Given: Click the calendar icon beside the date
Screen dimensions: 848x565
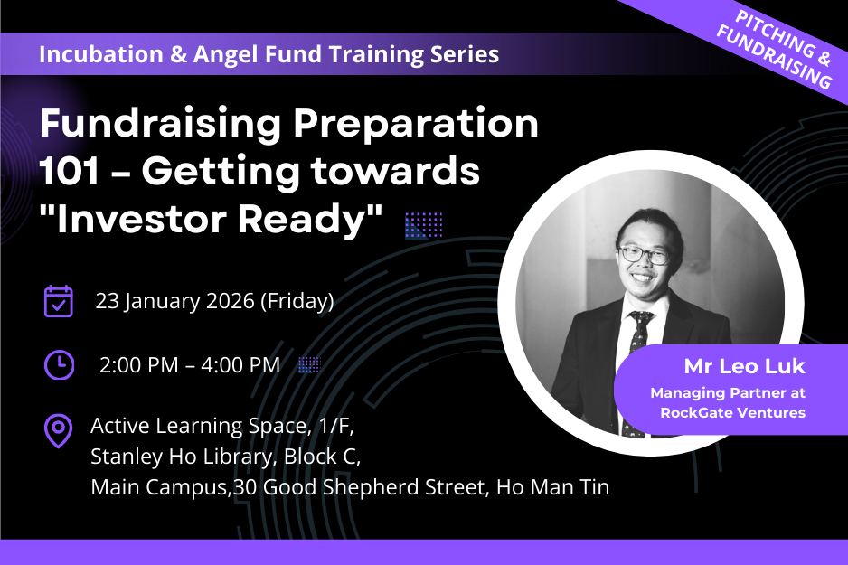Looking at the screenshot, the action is [59, 301].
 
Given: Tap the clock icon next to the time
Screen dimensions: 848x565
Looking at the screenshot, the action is [59, 365].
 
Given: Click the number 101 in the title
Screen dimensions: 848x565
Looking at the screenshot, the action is [70, 171].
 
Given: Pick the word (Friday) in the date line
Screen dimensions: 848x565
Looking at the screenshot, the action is [297, 301].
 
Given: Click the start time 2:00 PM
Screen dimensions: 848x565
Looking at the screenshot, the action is [139, 365].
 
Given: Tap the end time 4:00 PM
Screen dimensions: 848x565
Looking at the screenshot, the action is [240, 365].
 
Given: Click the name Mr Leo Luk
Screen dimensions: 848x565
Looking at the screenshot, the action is [745, 367].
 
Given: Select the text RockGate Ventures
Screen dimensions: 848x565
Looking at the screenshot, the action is [733, 413].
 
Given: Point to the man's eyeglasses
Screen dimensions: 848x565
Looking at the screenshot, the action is [644, 254].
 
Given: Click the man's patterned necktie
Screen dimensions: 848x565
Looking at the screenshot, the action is [636, 373].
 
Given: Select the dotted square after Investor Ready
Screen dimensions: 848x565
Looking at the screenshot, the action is [424, 225].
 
